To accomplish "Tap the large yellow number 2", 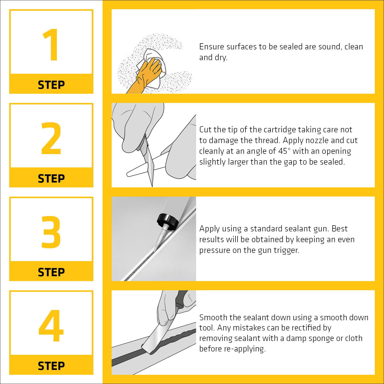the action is pyautogui.click(x=51, y=138).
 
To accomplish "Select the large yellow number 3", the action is pyautogui.click(x=51, y=232).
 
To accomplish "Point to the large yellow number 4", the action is pyautogui.click(x=51, y=326).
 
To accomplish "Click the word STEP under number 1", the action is pyautogui.click(x=51, y=85).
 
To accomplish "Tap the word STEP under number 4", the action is pyautogui.click(x=51, y=366).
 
